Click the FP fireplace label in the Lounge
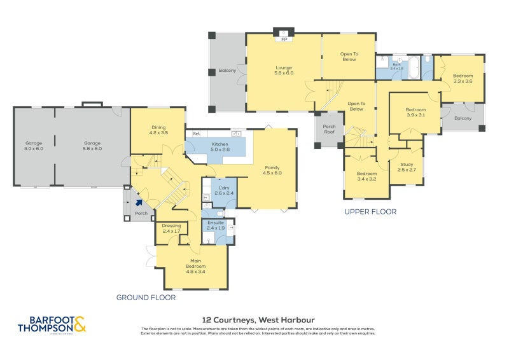tap(284, 40)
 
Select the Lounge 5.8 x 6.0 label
tap(284, 70)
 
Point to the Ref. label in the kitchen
tap(197, 134)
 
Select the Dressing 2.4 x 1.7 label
tap(171, 228)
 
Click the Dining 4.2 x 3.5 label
tap(158, 130)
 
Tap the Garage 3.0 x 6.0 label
tap(34, 146)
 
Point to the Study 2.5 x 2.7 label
tap(406, 167)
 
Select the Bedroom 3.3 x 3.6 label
tap(463, 78)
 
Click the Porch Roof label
tap(329, 129)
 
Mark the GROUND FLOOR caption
tap(146, 297)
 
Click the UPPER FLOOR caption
tap(370, 211)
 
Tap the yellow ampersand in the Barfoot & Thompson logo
tap(80, 325)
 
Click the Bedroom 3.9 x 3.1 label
tap(415, 113)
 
